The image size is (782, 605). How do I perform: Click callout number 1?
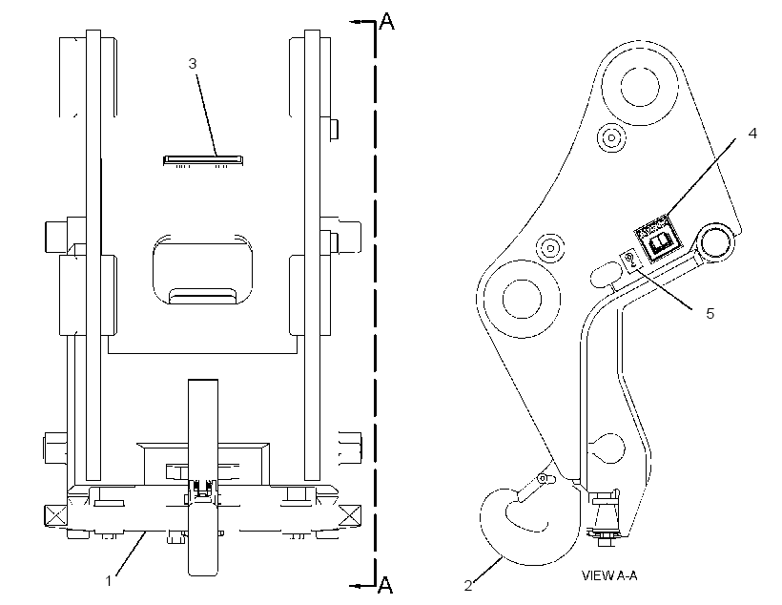point(109,581)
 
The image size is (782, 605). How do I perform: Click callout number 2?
point(468,586)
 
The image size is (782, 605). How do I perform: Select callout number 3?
point(193,63)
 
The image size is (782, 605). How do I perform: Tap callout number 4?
point(752,134)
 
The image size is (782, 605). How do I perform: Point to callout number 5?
point(710,314)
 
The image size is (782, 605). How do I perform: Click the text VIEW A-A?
point(609,575)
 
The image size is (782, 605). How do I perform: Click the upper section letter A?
point(386,21)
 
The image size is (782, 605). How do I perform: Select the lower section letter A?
point(385,585)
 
